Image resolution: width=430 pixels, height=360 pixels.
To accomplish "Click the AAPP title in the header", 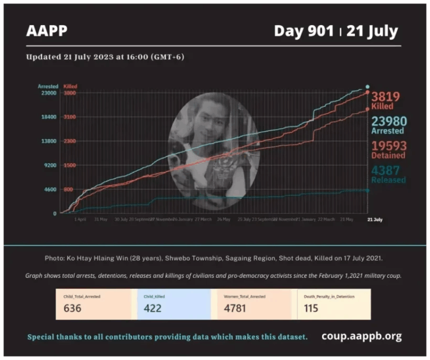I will [x=46, y=30].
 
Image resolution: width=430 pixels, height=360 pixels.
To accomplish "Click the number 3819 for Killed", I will [x=386, y=96].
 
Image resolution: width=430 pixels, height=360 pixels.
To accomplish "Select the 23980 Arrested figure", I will [x=389, y=121].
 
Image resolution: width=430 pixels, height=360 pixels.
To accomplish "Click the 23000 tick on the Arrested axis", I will [x=49, y=93].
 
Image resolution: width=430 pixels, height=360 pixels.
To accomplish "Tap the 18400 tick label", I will [x=49, y=117].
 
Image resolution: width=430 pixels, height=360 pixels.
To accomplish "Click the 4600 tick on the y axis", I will [x=50, y=189].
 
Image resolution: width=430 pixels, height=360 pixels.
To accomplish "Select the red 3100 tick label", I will [x=69, y=117].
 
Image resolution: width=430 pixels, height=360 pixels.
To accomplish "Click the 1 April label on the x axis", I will [x=81, y=219].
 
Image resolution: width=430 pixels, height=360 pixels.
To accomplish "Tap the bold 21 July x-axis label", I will [x=375, y=219].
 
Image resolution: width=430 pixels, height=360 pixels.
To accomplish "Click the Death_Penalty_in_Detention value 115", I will [x=311, y=308].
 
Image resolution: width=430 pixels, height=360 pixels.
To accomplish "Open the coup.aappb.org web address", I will [x=361, y=336].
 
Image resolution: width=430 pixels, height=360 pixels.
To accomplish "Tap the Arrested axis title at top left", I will [x=48, y=87].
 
